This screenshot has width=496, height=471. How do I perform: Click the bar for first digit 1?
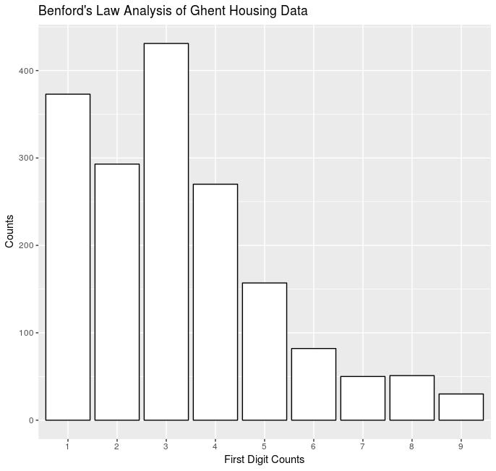pyautogui.click(x=68, y=257)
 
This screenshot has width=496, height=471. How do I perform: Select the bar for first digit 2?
pyautogui.click(x=117, y=292)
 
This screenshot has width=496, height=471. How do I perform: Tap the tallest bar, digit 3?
pyautogui.click(x=166, y=232)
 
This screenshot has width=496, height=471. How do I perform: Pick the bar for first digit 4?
pyautogui.click(x=215, y=302)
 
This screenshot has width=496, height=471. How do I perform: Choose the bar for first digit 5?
pyautogui.click(x=265, y=351)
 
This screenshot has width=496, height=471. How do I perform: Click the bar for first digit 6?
pyautogui.click(x=314, y=384)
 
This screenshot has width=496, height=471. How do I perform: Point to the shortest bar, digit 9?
pyautogui.click(x=461, y=407)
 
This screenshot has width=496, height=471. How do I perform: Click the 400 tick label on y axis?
pyautogui.click(x=24, y=71)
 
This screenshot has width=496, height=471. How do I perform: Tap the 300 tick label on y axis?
pyautogui.click(x=24, y=158)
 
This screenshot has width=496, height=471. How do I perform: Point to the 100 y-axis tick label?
pyautogui.click(x=24, y=333)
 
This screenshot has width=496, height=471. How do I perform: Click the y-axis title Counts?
pyautogui.click(x=9, y=232)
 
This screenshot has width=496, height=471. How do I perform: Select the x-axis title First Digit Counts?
pyautogui.click(x=265, y=460)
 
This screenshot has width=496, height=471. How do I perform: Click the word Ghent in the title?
pyautogui.click(x=210, y=12)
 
